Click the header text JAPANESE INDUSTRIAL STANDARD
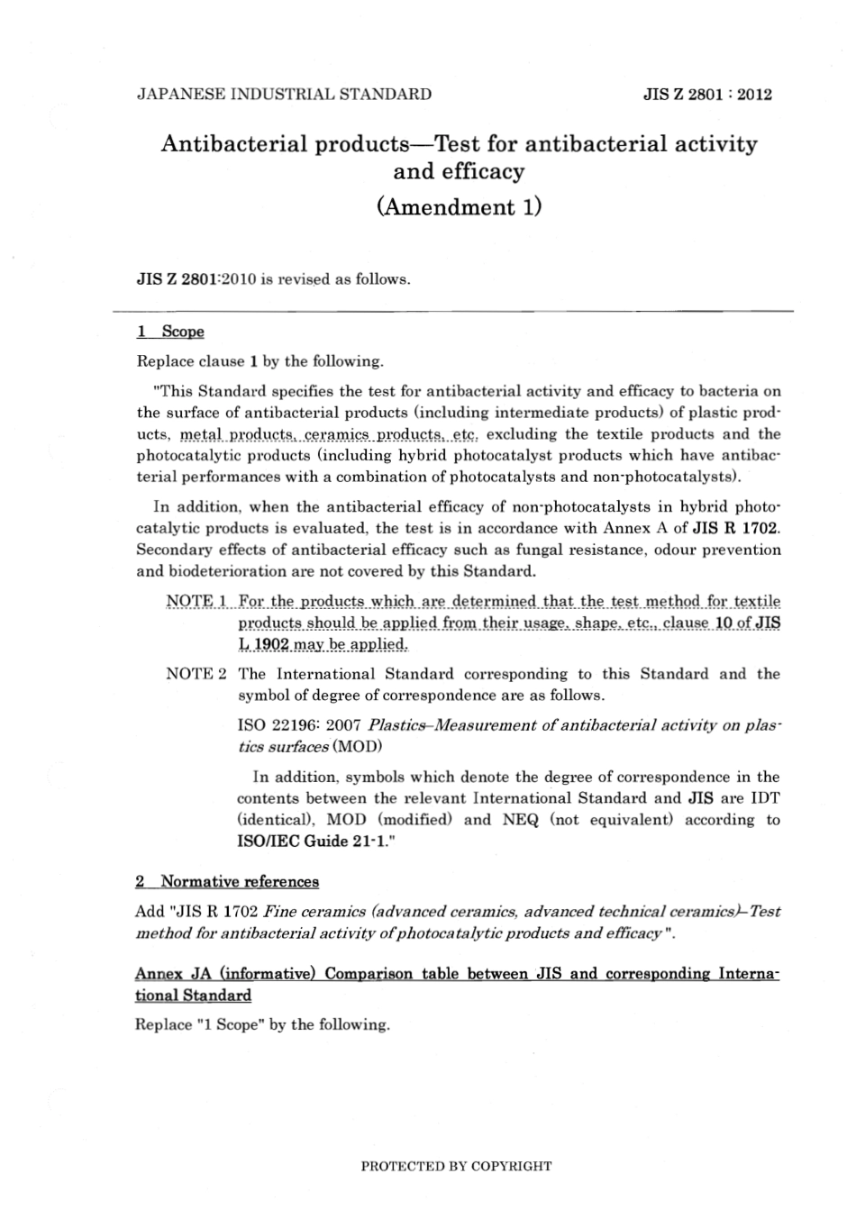pyautogui.click(x=283, y=94)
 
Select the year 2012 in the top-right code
pyautogui.click(x=754, y=95)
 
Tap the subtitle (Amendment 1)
pyautogui.click(x=459, y=207)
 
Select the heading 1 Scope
pyautogui.click(x=170, y=332)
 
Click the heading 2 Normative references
pyautogui.click(x=227, y=881)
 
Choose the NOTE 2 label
pyautogui.click(x=196, y=674)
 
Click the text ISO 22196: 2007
pyautogui.click(x=299, y=725)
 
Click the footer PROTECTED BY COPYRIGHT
pyautogui.click(x=456, y=1166)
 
